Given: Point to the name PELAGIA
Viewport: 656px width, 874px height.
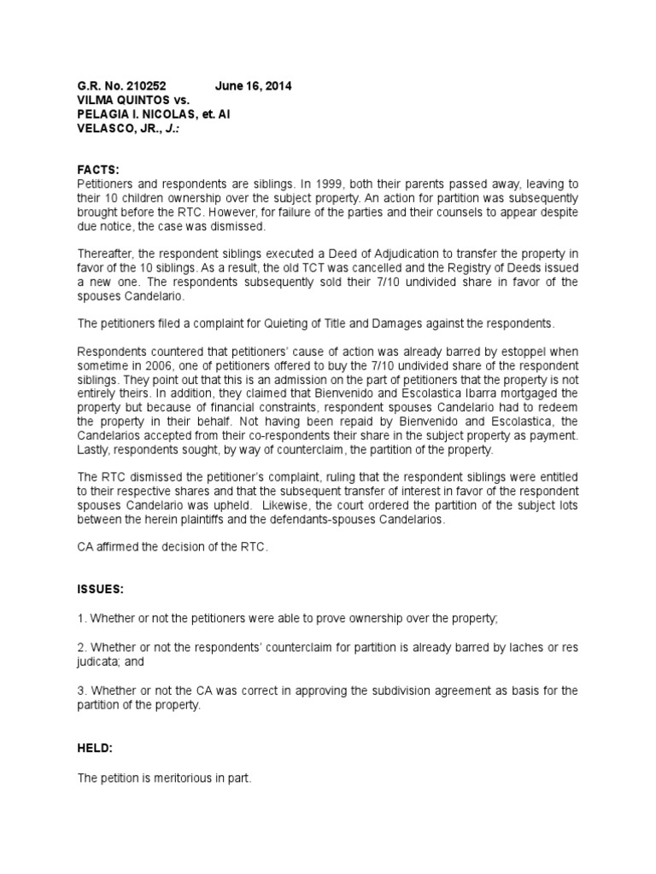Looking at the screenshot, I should pyautogui.click(x=106, y=114).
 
